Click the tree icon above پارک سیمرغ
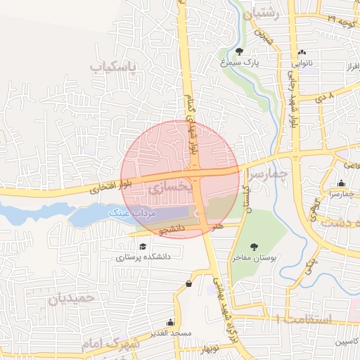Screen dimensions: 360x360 239,51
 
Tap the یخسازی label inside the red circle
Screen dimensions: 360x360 166,188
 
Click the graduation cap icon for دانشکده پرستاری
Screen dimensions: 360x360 143,246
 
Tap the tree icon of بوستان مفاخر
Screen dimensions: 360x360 254,246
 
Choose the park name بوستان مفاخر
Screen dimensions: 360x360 256,258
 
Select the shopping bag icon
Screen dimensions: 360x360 189,283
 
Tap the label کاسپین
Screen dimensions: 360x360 349,342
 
